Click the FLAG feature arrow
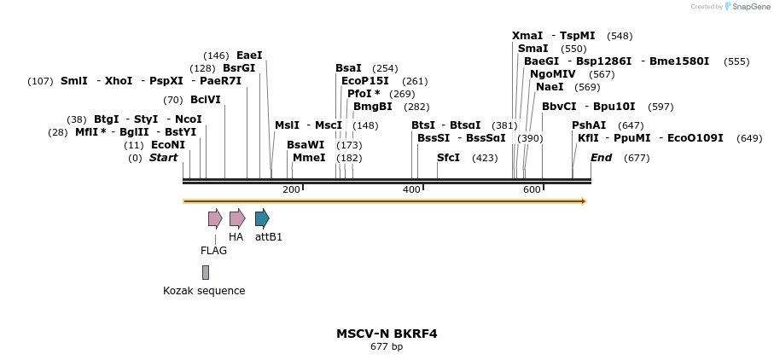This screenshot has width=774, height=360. coord(215,218)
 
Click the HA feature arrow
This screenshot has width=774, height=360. coord(237,218)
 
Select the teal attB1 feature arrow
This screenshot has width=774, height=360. coord(262,218)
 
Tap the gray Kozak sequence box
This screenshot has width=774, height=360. coord(206,272)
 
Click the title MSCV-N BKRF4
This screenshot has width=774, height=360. coord(387,334)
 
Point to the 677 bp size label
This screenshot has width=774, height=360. coord(387,347)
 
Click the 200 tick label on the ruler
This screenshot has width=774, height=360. coord(291,189)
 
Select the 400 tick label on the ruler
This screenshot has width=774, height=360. coord(411,189)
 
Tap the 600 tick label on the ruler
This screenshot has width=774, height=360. coord(532,189)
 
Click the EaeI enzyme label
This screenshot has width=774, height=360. coord(249,55)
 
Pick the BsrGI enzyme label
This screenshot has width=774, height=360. coord(239,68)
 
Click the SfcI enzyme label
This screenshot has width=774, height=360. coord(448,158)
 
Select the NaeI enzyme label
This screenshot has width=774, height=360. coord(550,87)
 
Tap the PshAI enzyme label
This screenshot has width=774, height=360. coord(589,125)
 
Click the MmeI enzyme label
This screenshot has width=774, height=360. coord(309,158)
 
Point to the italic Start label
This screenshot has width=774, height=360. coord(163,158)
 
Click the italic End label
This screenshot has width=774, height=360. coord(601,158)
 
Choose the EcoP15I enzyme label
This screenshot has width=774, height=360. coord(365,81)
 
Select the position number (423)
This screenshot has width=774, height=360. coord(485,158)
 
